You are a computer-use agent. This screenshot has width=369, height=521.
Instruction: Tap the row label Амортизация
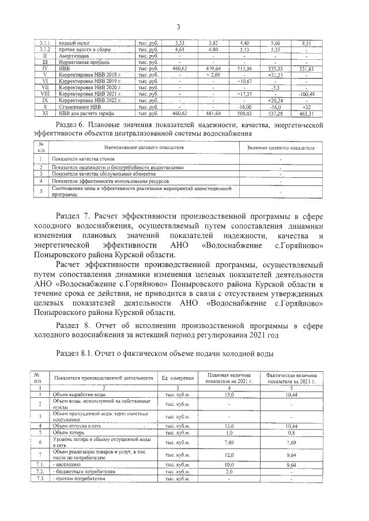pyautogui.click(x=72, y=56)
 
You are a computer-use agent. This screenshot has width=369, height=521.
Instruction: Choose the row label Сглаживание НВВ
pyautogui.click(x=80, y=107)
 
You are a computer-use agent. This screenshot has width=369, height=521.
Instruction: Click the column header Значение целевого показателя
pyautogui.click(x=280, y=148)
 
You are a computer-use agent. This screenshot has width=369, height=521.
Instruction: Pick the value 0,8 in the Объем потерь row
pyautogui.click(x=291, y=432)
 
